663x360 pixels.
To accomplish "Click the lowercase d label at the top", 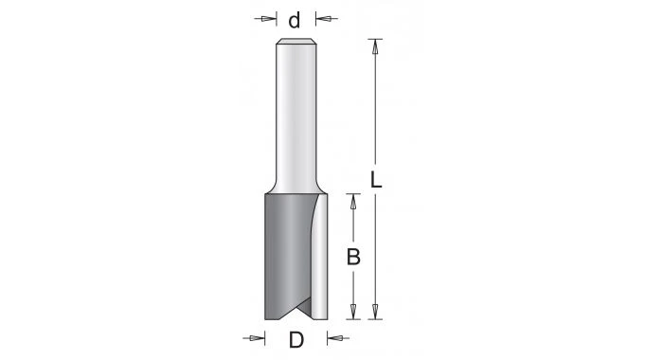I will coord(295,19).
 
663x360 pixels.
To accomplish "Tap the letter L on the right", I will coord(376,179).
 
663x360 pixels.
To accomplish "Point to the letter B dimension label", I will coord(352,256).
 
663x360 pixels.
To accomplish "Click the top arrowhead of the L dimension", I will coord(376,45).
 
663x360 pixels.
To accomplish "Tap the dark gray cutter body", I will coord(284,256).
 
